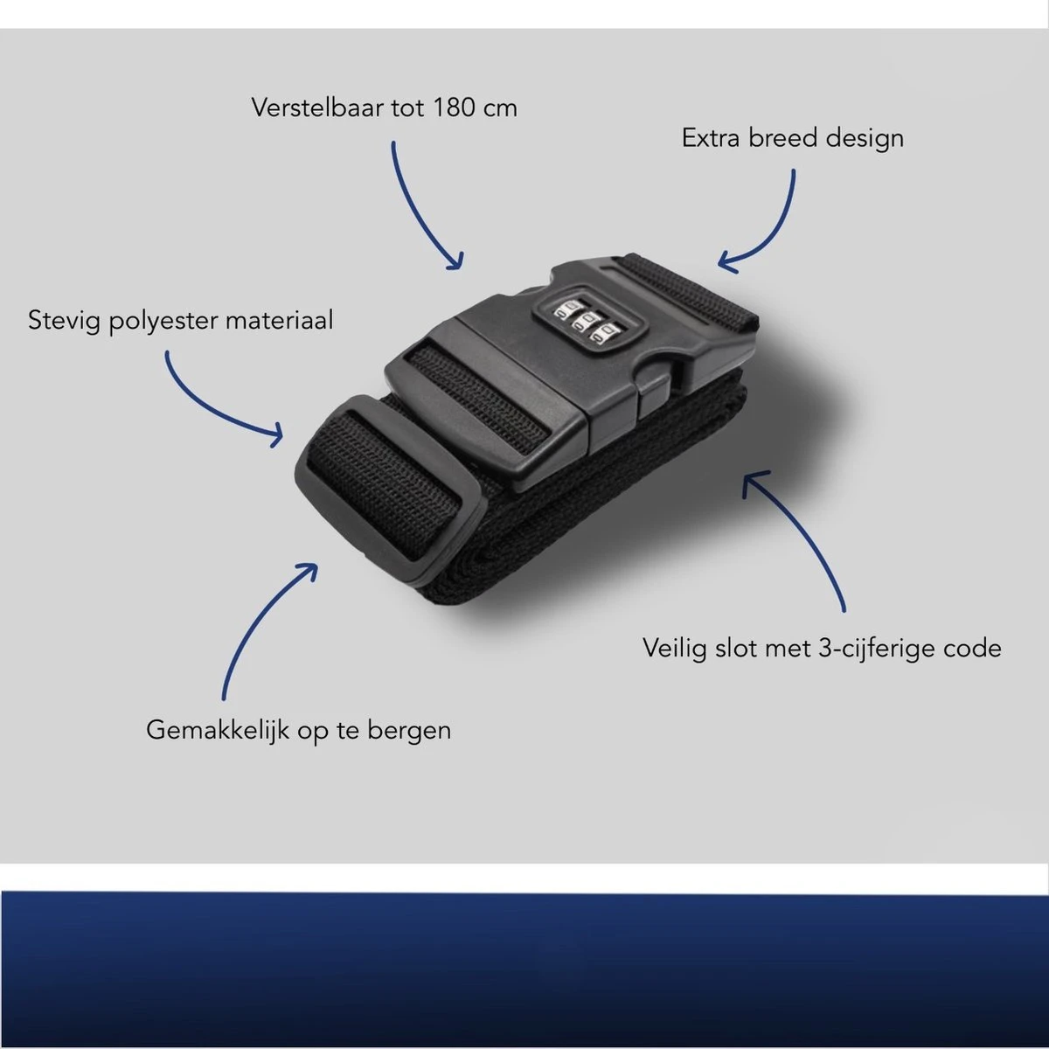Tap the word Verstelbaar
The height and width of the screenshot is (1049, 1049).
click(x=318, y=108)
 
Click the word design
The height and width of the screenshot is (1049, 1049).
click(x=865, y=139)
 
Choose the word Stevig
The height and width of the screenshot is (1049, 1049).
click(x=64, y=321)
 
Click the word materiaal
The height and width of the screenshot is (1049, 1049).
click(x=278, y=320)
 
